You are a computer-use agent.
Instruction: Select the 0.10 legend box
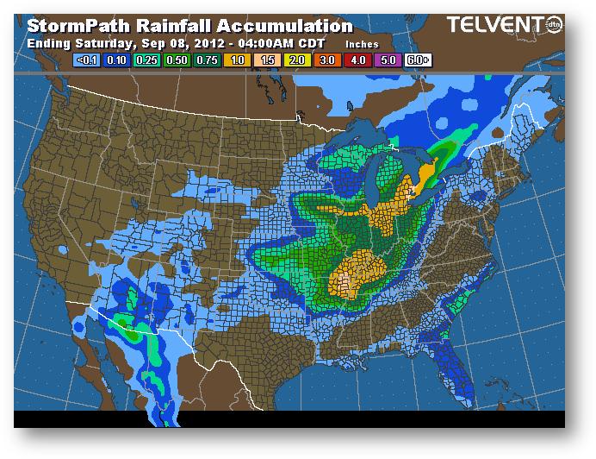[x=116, y=60]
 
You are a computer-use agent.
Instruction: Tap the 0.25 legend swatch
[x=145, y=60]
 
